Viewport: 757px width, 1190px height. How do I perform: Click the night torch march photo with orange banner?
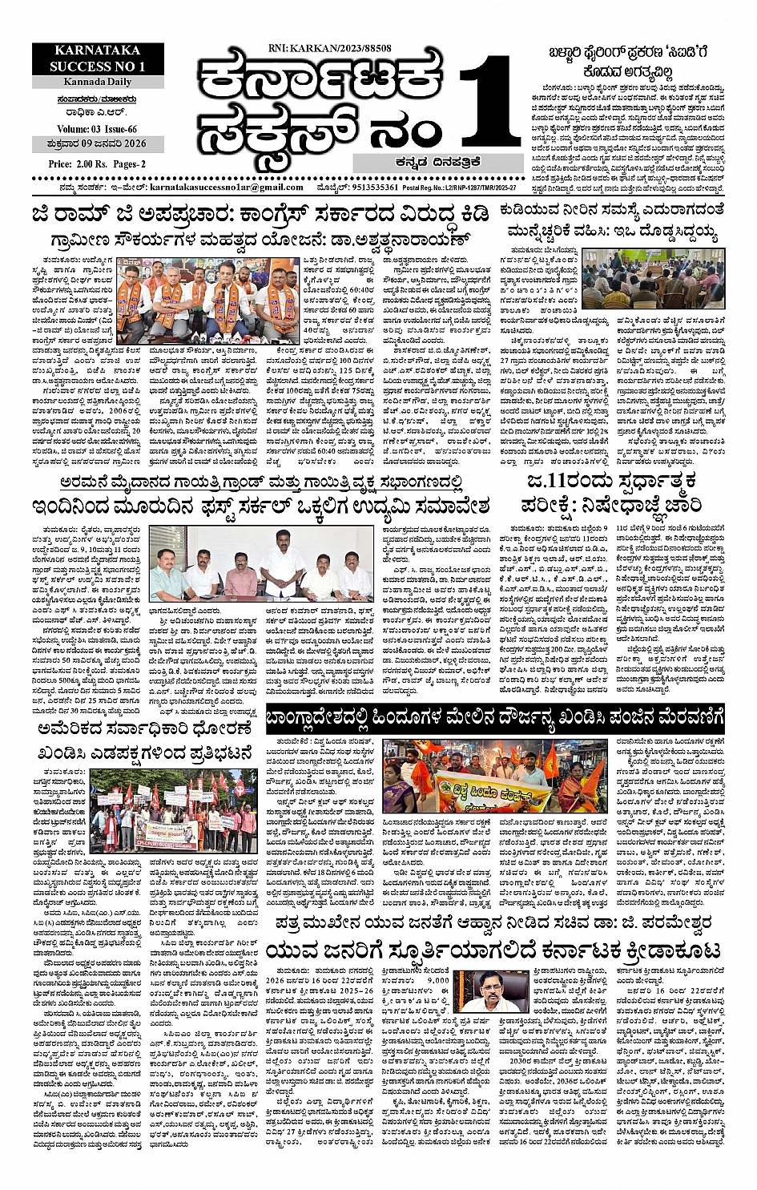click(x=497, y=781)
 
